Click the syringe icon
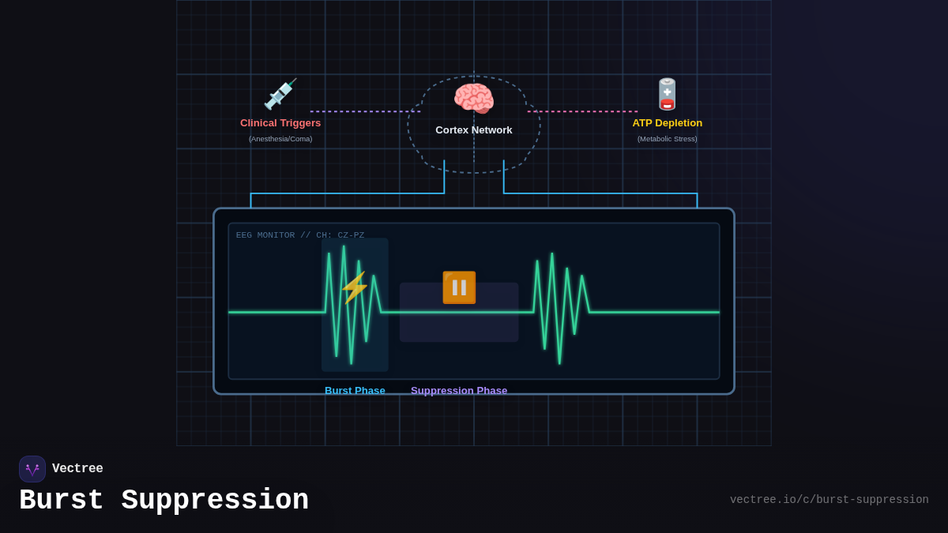[280, 95]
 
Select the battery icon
[668, 95]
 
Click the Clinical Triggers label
[280, 123]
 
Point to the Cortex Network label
[474, 130]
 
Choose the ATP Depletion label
[668, 123]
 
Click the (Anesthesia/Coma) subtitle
[280, 139]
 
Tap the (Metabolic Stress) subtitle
[668, 139]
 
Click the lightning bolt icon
[355, 287]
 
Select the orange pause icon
[459, 287]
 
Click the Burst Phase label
[355, 390]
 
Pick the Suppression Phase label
[459, 390]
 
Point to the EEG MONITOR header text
[300, 235]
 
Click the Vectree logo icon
[32, 469]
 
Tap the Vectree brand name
[77, 469]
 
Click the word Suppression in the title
[215, 501]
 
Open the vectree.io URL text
[829, 500]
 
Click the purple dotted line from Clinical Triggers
[365, 111]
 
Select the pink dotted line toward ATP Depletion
[583, 111]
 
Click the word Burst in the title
[62, 501]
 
